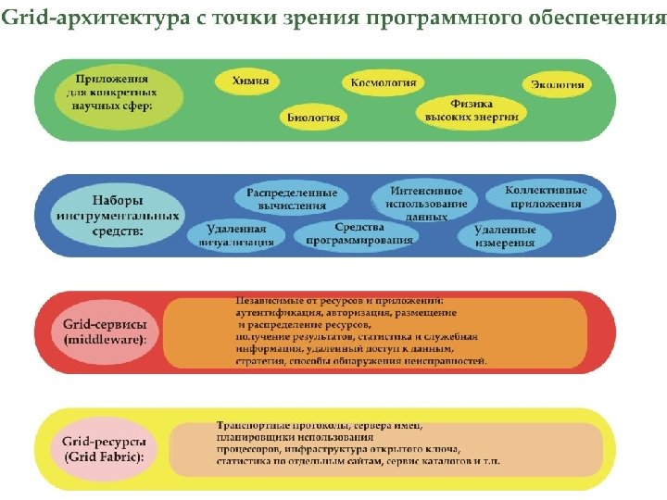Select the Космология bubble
point(382,82)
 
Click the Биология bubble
point(312,118)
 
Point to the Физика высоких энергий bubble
point(471,110)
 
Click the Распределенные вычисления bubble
point(292,199)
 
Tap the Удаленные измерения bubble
point(506,236)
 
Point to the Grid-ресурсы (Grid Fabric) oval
point(105,449)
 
